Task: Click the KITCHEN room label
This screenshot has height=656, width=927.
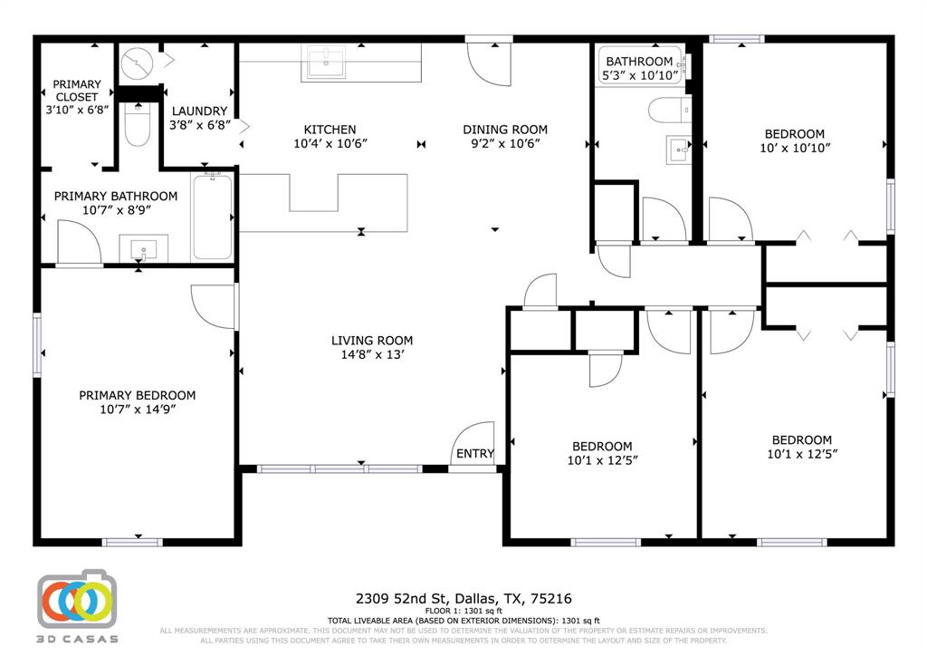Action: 330,130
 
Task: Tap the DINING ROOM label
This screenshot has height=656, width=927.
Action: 505,130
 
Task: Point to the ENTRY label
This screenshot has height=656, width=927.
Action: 475,454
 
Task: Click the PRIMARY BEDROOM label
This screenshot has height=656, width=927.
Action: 137,395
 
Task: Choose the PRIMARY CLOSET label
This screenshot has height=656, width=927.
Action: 77,91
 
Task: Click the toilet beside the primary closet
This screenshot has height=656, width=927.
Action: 137,127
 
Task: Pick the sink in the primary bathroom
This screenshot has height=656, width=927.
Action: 143,248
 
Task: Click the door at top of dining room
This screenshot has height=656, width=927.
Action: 488,63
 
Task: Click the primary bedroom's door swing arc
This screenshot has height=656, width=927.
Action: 213,308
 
